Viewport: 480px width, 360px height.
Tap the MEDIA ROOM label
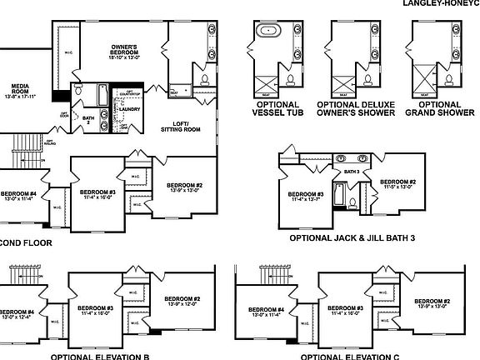pyautogui.click(x=20, y=91)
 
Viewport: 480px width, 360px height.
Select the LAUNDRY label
pyautogui.click(x=128, y=107)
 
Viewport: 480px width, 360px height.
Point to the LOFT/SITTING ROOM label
pyautogui.click(x=180, y=126)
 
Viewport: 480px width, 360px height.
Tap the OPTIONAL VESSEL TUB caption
pyautogui.click(x=273, y=109)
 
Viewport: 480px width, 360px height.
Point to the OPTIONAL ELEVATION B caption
pyautogui.click(x=105, y=356)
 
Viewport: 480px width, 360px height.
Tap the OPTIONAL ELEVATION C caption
pyautogui.click(x=351, y=356)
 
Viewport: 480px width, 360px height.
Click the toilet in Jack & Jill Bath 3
pyautogui.click(x=353, y=202)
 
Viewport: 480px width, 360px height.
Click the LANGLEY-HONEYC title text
pyautogui.click(x=440, y=3)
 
